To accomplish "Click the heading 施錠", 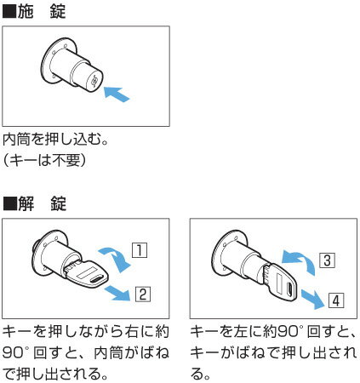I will (43, 12).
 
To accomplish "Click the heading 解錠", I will (43, 204).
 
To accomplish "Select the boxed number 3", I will (326, 260).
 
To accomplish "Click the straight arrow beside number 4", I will (313, 297).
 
